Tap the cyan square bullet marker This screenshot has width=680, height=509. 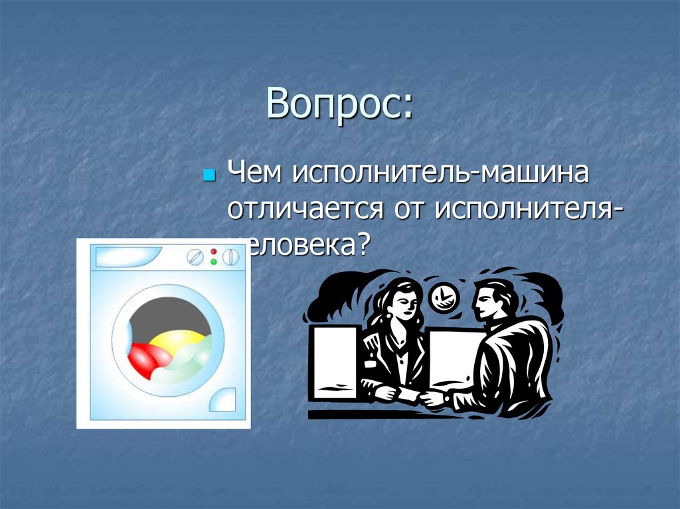click(208, 177)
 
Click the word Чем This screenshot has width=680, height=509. click(252, 174)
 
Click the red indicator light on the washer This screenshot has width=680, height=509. click(214, 252)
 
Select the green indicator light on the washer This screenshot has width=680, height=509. click(214, 262)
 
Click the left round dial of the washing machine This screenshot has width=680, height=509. click(195, 257)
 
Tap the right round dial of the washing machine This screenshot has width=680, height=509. click(230, 257)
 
